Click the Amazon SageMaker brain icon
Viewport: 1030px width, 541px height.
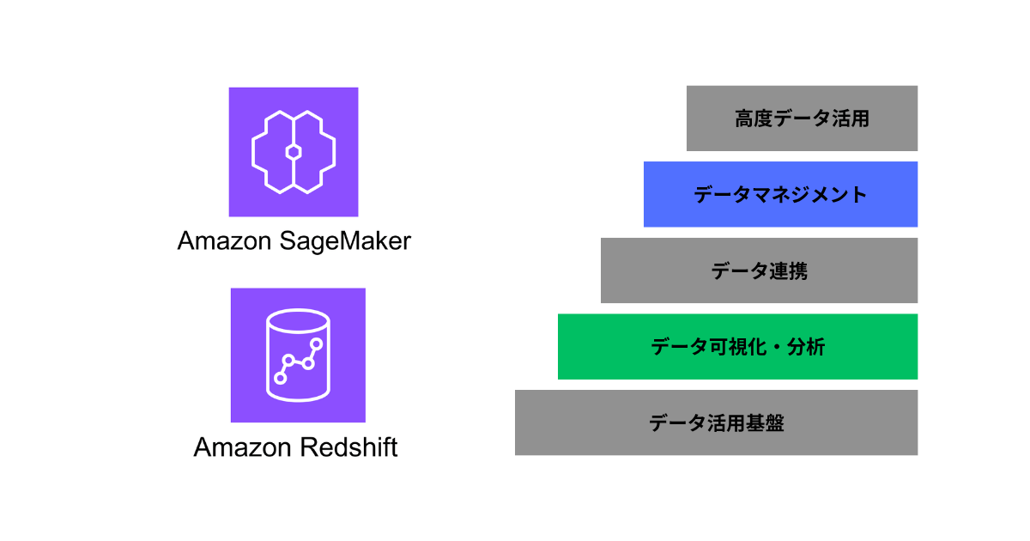(294, 152)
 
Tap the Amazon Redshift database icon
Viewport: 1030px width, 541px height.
(298, 355)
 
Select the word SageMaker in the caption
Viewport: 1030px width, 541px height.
(347, 241)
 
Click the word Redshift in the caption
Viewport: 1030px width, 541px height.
(348, 447)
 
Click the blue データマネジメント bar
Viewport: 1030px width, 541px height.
(780, 194)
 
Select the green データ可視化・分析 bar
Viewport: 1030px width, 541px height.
(737, 346)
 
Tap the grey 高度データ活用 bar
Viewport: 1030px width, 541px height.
(802, 118)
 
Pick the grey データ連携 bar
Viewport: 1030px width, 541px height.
(759, 270)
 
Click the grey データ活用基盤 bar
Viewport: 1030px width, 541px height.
(716, 422)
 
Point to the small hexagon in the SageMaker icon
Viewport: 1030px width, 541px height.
(294, 152)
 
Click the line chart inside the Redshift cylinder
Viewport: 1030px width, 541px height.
(298, 361)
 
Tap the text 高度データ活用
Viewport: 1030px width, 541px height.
(802, 119)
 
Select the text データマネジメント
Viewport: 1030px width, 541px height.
(780, 195)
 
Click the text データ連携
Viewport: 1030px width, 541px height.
(759, 271)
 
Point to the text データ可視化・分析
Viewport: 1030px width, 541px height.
(737, 347)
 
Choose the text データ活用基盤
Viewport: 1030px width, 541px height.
(716, 423)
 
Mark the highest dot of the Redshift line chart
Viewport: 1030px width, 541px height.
(317, 344)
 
